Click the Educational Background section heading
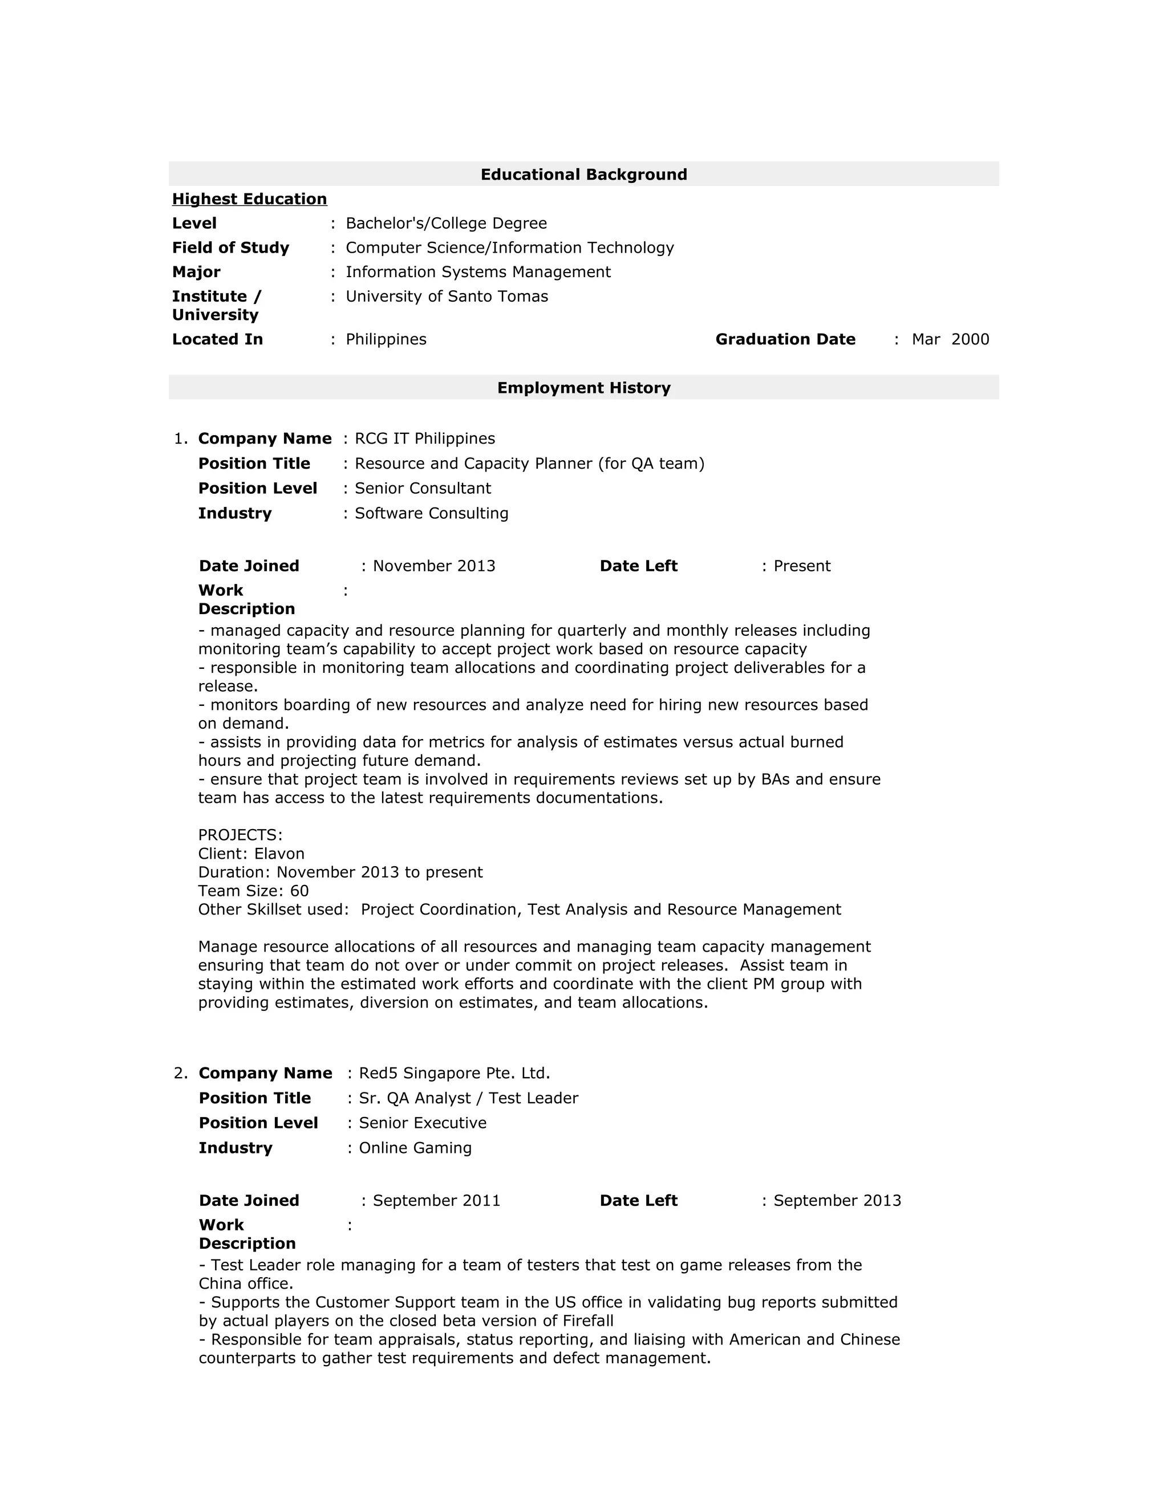583,174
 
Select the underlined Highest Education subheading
249,199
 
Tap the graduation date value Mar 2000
950,339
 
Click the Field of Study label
230,247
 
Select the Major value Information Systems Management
477,272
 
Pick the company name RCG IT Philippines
425,438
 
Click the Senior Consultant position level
423,489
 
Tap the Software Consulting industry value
431,513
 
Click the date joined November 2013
434,566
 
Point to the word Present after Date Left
801,566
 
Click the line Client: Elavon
251,854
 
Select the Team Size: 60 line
253,891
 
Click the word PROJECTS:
240,835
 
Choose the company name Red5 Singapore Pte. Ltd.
454,1073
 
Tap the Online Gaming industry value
415,1148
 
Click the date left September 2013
837,1200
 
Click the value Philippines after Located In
386,339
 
